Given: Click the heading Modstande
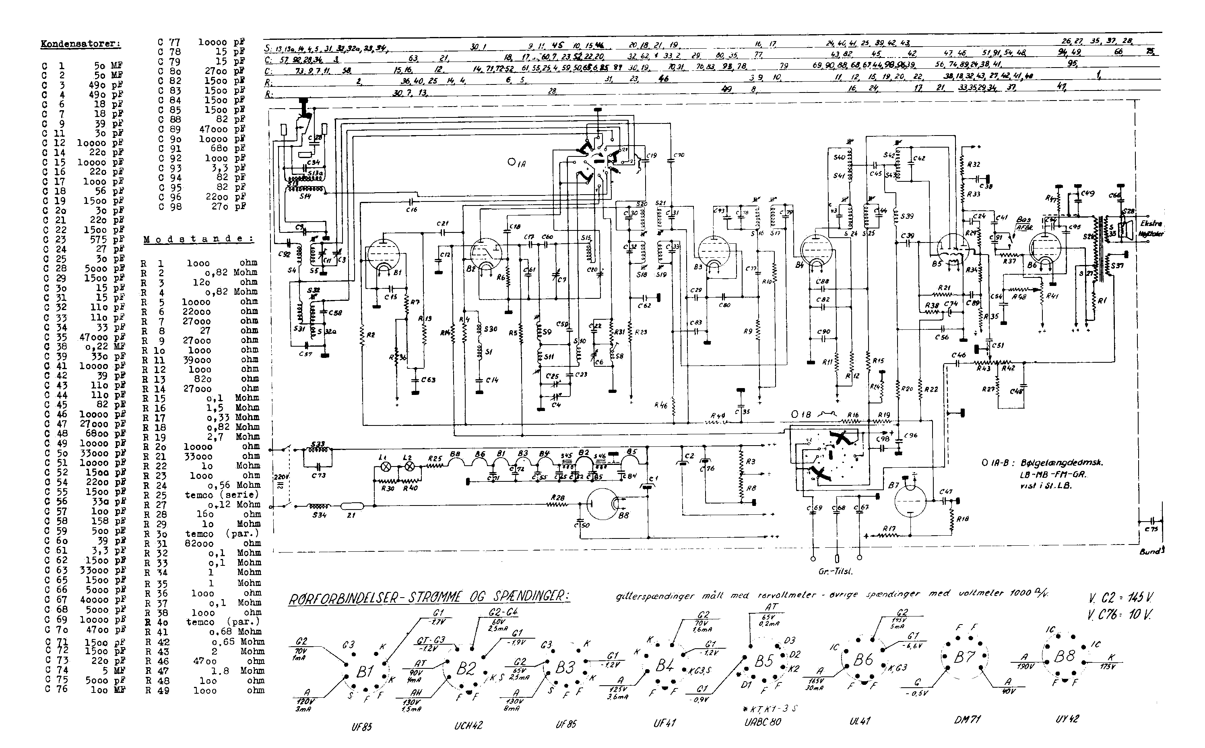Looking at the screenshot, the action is tap(198, 239).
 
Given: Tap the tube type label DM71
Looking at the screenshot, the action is tap(967, 720).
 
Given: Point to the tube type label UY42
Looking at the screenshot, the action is tap(1067, 718).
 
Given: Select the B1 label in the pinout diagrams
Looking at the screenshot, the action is tap(365, 672).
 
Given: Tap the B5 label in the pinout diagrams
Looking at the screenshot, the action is tap(763, 662).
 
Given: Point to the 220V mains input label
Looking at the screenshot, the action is tap(280, 478).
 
